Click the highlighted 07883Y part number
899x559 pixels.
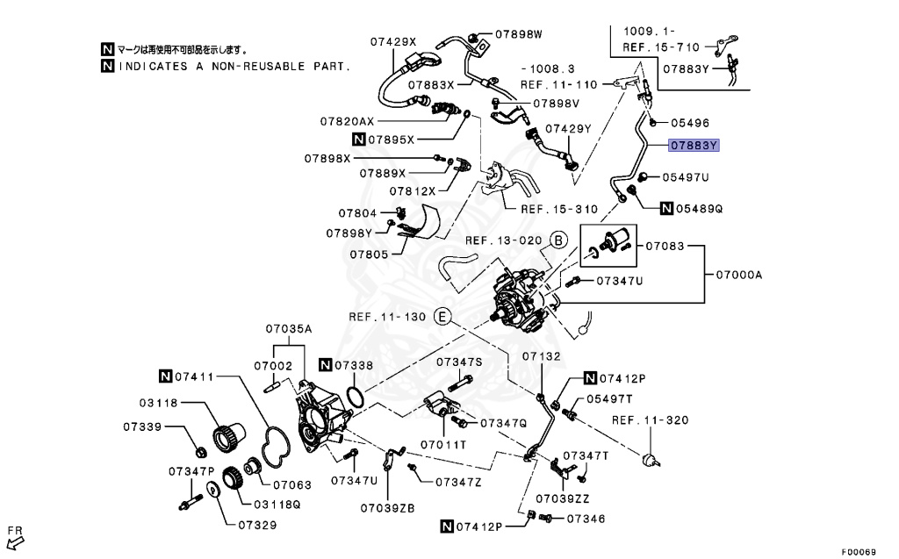tap(694, 146)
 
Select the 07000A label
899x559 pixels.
tap(738, 275)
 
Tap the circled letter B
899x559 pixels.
tap(558, 240)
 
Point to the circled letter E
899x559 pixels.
tap(443, 316)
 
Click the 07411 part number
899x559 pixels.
tap(194, 377)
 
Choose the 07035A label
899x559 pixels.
tap(289, 329)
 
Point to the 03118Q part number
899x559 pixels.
tap(277, 505)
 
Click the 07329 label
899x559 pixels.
tap(256, 526)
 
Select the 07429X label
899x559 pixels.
tap(392, 41)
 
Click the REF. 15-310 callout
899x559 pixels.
tap(559, 210)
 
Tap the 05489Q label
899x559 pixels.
tap(699, 209)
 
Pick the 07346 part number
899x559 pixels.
tap(586, 519)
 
